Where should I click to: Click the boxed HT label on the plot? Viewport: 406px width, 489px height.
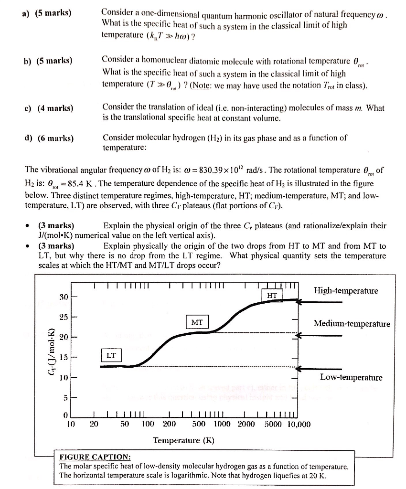pyautogui.click(x=272, y=295)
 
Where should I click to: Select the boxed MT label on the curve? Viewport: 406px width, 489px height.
pyautogui.click(x=197, y=322)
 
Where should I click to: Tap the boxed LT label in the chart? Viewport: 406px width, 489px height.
pyautogui.click(x=111, y=355)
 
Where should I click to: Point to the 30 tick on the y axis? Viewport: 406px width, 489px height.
pyautogui.click(x=64, y=297)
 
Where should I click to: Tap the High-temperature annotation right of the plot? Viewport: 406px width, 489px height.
pyautogui.click(x=346, y=291)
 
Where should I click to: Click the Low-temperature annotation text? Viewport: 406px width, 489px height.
pyautogui.click(x=351, y=378)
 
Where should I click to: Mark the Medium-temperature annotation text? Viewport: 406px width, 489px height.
pyautogui.click(x=352, y=324)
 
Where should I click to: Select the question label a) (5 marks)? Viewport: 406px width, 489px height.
pyautogui.click(x=46, y=12)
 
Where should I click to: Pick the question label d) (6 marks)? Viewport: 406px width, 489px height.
pyautogui.click(x=48, y=138)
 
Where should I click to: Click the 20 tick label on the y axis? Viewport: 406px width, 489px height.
pyautogui.click(x=64, y=337)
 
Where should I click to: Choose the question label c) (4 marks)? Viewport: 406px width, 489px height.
pyautogui.click(x=48, y=108)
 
